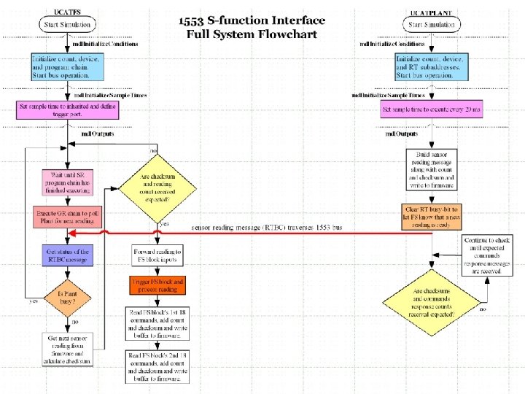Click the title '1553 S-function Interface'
coord(252,20)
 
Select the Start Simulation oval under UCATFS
coord(67,25)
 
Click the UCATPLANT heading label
coord(431,12)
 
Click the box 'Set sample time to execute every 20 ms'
coord(431,110)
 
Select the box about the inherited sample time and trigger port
coord(67,110)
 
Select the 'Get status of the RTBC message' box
coord(67,255)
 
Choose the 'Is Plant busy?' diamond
coord(67,298)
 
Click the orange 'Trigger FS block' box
coord(158,285)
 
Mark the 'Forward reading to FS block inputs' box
coord(158,255)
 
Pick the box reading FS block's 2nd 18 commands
coord(158,366)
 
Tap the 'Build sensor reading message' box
coord(431,169)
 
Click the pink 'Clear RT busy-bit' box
coord(431,216)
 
